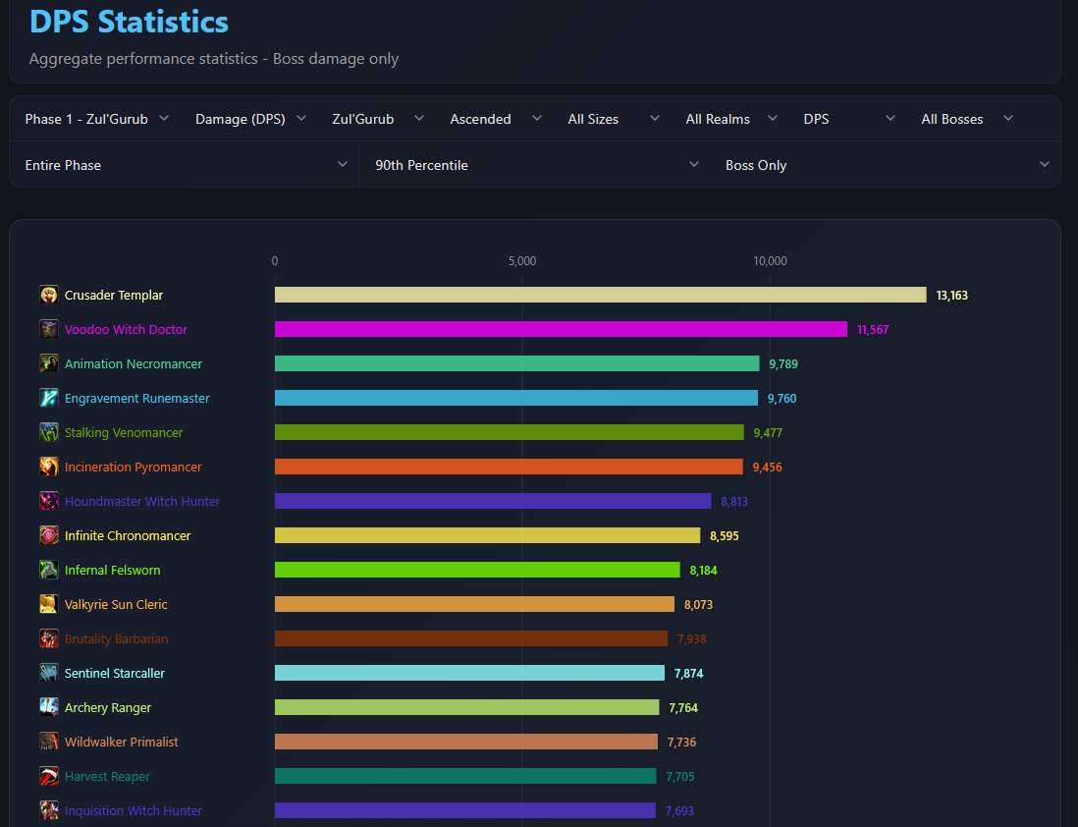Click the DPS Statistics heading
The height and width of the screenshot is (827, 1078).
(129, 22)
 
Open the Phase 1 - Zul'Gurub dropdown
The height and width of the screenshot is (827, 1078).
(96, 119)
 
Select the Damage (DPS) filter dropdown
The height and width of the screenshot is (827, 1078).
(250, 119)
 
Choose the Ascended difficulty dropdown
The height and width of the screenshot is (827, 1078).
(495, 119)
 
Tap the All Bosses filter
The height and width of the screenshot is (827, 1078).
(967, 119)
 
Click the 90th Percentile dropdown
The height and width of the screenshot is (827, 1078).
(536, 165)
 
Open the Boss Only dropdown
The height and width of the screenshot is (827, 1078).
(887, 165)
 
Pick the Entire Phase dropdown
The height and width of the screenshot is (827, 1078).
(186, 165)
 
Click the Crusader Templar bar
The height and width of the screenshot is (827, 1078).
(600, 296)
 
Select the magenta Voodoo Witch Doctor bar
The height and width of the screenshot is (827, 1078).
(561, 330)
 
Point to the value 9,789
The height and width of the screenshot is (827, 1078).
(783, 364)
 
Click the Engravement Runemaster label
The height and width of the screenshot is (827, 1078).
(136, 399)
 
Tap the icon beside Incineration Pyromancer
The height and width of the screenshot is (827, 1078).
(49, 467)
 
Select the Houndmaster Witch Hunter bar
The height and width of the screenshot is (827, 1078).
(493, 502)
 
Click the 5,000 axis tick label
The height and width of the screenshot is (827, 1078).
(521, 260)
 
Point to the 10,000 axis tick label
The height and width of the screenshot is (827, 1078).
(770, 260)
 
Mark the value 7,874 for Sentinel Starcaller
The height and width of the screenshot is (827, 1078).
(689, 674)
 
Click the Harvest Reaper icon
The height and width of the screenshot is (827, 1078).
(49, 776)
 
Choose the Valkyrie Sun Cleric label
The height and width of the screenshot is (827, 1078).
(116, 605)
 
